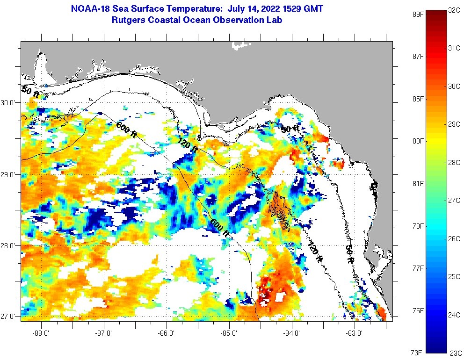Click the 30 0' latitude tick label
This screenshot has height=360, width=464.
click(x=9, y=102)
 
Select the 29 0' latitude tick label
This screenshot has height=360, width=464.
click(x=9, y=174)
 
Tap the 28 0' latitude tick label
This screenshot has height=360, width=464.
click(x=9, y=245)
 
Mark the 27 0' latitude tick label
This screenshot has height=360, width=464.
click(x=9, y=317)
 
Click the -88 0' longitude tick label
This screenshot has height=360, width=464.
click(x=42, y=333)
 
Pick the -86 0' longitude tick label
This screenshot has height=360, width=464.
click(x=167, y=333)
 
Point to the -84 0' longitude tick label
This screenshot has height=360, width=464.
click(x=292, y=333)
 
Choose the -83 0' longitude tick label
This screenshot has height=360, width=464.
click(x=355, y=333)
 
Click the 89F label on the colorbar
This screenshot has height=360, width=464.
click(x=418, y=14)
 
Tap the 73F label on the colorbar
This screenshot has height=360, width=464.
click(x=418, y=352)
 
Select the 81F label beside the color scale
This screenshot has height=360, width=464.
click(x=418, y=183)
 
